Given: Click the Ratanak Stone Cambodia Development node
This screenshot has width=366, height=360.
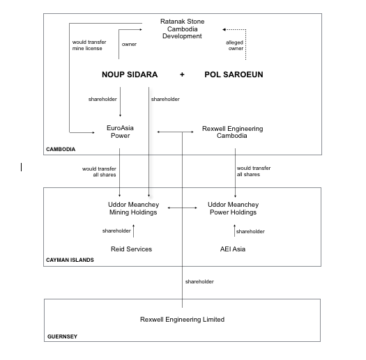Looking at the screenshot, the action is click(182, 29).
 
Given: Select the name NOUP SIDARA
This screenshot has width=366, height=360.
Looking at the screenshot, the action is click(130, 75).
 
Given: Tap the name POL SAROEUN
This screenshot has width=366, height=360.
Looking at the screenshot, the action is click(234, 75).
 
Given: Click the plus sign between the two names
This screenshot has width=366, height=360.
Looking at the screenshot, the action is click(182, 75).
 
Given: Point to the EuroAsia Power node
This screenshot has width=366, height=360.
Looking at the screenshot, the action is click(120, 132).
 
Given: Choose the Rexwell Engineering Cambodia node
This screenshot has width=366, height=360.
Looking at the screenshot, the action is click(232, 132).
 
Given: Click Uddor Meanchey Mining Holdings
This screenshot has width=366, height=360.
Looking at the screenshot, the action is click(133, 208).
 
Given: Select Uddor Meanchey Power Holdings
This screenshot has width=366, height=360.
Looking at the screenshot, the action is click(233, 208).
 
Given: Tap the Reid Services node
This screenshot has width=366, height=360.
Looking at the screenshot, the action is click(132, 249).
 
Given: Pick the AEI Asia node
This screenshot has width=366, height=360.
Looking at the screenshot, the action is click(233, 249).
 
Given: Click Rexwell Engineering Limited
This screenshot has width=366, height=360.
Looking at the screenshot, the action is click(182, 320).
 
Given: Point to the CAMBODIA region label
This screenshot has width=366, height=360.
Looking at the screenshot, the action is click(61, 149).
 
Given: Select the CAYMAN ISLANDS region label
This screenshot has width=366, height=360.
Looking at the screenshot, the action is click(70, 260).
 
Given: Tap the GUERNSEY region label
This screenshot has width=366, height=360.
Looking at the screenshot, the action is click(62, 336).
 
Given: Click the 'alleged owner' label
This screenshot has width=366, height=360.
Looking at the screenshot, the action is click(234, 45).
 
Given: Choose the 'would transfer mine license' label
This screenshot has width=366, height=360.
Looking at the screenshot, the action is click(89, 45).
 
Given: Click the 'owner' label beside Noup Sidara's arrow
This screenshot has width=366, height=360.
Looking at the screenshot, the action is click(129, 45).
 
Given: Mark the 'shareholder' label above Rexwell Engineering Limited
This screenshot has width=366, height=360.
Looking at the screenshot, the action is click(199, 281).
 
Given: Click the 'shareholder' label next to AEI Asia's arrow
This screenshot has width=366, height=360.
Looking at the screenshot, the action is click(250, 232).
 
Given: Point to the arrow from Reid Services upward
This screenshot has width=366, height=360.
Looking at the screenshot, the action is click(134, 230).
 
